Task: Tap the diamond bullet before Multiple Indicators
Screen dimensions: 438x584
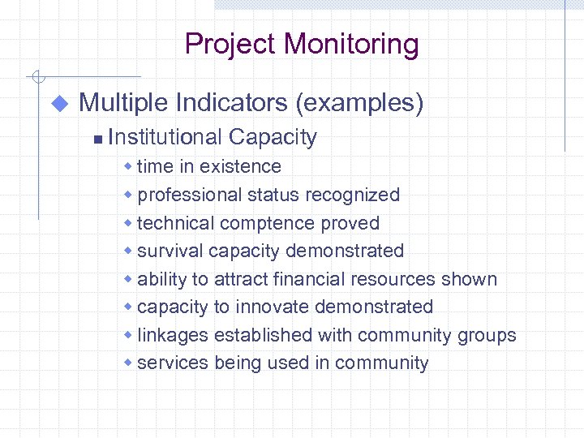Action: click(58, 104)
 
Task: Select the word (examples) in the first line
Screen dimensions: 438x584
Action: click(359, 103)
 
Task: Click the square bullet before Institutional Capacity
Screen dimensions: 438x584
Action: click(97, 140)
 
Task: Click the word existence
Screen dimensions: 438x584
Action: click(240, 166)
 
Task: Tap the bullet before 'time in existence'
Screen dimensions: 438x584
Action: click(127, 166)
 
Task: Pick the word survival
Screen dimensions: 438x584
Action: click(170, 251)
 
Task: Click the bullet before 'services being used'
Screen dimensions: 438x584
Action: click(127, 363)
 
